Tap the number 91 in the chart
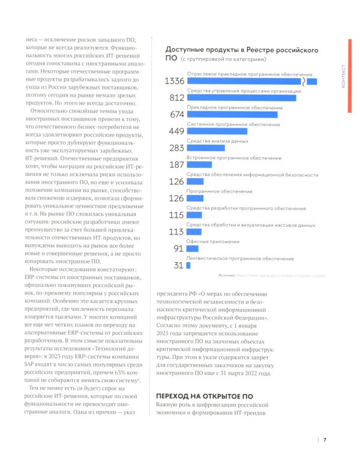[177, 248]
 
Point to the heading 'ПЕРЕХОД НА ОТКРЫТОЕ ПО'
[204, 397]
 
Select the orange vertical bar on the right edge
[350, 74]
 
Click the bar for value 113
[194, 232]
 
